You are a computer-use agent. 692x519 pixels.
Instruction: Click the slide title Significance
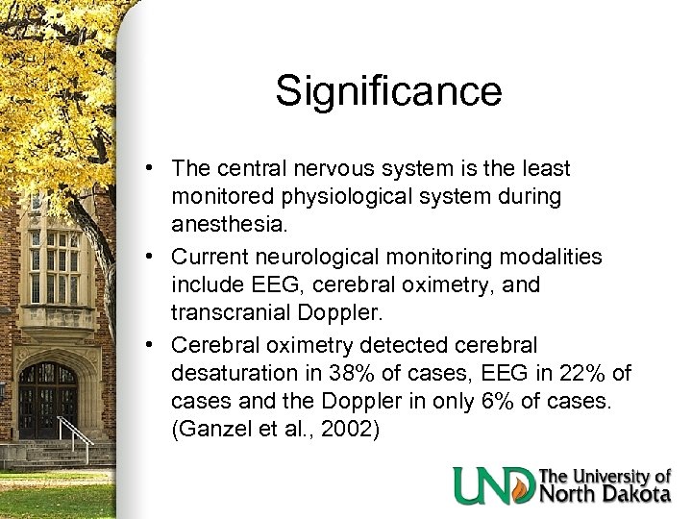(x=388, y=91)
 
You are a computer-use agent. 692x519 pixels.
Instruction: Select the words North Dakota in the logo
(x=605, y=494)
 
